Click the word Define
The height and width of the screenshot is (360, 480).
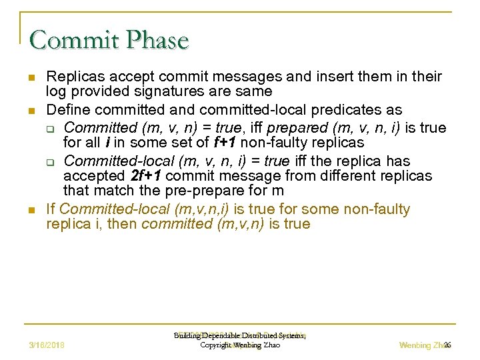click(x=67, y=109)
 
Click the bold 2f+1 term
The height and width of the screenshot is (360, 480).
click(x=147, y=176)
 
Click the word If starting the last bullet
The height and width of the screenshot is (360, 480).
click(x=51, y=209)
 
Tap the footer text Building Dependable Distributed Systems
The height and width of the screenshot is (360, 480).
click(x=239, y=336)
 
